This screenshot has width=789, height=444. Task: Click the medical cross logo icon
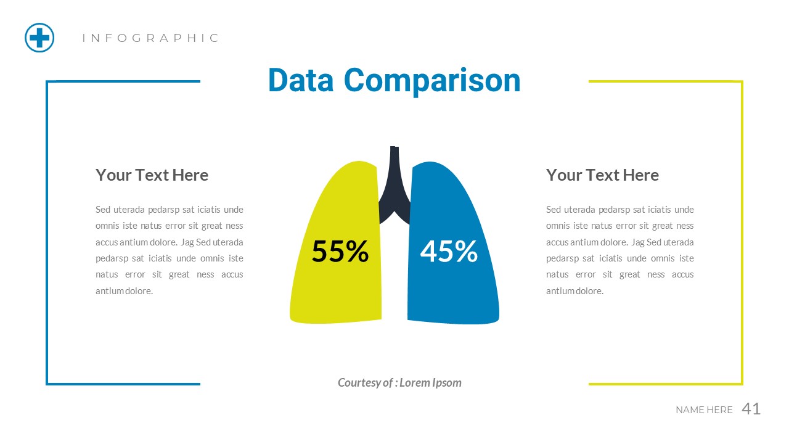click(39, 38)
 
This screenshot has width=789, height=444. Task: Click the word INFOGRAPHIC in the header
click(151, 38)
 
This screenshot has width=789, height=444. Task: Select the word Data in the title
click(301, 81)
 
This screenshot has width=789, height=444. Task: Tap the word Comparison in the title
click(432, 81)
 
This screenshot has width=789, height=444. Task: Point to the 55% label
click(340, 252)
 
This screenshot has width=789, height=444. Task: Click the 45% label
click(449, 252)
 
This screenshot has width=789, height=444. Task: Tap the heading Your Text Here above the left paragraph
click(152, 175)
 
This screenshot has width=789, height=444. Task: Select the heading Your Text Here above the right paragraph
click(602, 175)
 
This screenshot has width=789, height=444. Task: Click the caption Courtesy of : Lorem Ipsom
click(399, 382)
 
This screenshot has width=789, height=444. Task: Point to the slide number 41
click(751, 409)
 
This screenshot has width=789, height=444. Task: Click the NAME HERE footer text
click(704, 410)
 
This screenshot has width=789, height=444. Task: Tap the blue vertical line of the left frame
click(47, 234)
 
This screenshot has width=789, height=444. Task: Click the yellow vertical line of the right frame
click(742, 234)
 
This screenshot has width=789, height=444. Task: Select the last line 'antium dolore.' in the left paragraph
click(124, 291)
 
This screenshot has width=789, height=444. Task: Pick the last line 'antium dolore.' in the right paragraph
click(574, 291)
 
